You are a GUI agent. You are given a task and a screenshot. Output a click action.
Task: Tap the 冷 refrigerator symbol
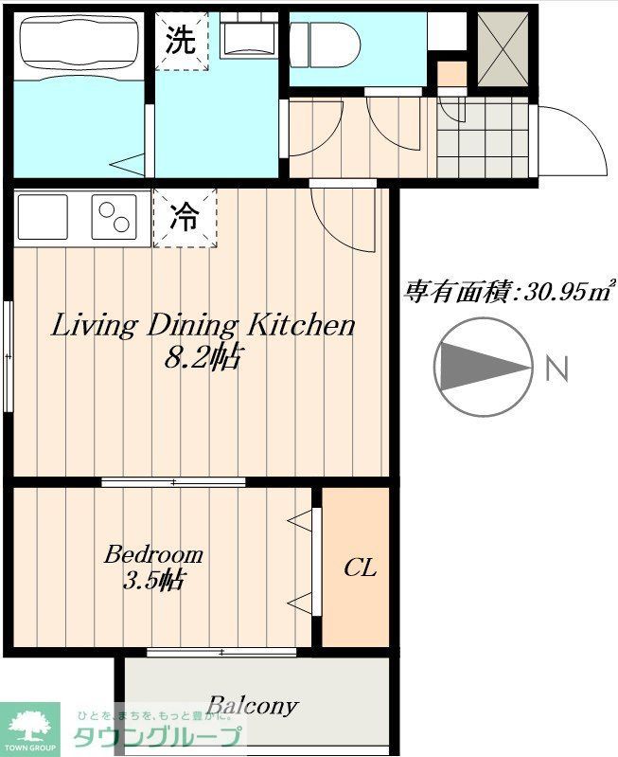(185, 218)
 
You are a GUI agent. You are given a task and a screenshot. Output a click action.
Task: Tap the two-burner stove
(115, 217)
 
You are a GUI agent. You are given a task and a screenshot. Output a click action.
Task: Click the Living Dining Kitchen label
(202, 326)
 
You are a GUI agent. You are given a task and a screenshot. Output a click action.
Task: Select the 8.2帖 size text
(202, 357)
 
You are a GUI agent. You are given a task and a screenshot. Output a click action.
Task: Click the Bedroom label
(153, 553)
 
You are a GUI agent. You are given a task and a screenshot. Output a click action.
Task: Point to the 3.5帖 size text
(153, 580)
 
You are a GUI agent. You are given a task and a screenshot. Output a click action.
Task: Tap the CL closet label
(360, 568)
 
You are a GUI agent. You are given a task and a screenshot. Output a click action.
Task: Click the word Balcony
(253, 706)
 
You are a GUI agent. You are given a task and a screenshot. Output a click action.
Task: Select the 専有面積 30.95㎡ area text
(509, 291)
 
